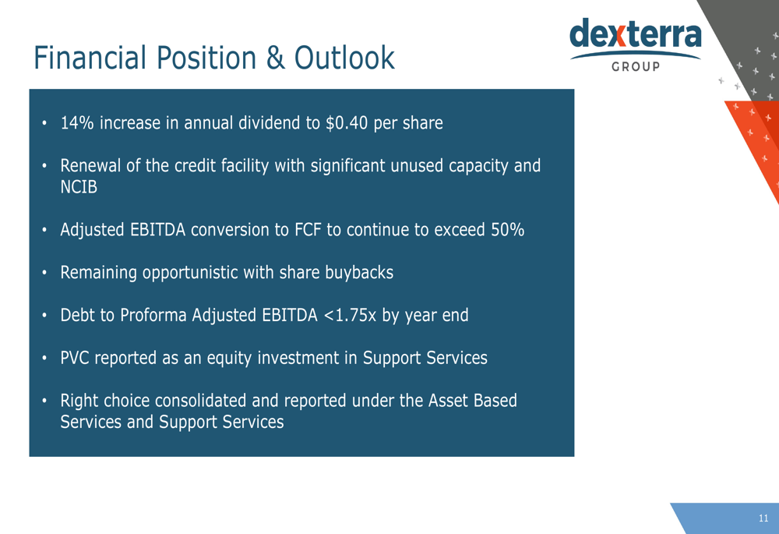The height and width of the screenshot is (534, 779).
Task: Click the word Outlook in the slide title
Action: click(344, 58)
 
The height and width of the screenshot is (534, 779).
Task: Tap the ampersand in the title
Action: click(276, 58)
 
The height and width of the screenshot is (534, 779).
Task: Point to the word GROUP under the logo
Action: click(636, 66)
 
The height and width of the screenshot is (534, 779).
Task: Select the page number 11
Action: click(763, 518)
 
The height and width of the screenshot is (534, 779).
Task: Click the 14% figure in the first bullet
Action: click(77, 123)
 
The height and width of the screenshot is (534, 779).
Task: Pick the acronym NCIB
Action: click(79, 187)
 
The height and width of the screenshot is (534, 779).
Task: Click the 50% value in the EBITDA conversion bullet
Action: click(507, 230)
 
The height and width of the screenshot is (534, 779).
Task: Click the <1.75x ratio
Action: click(350, 315)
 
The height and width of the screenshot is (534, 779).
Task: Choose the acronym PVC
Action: click(75, 358)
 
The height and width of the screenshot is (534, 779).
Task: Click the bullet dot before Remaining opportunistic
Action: click(44, 273)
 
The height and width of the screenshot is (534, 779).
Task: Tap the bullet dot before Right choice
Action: click(44, 401)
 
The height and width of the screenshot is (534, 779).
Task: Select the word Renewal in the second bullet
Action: click(90, 165)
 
